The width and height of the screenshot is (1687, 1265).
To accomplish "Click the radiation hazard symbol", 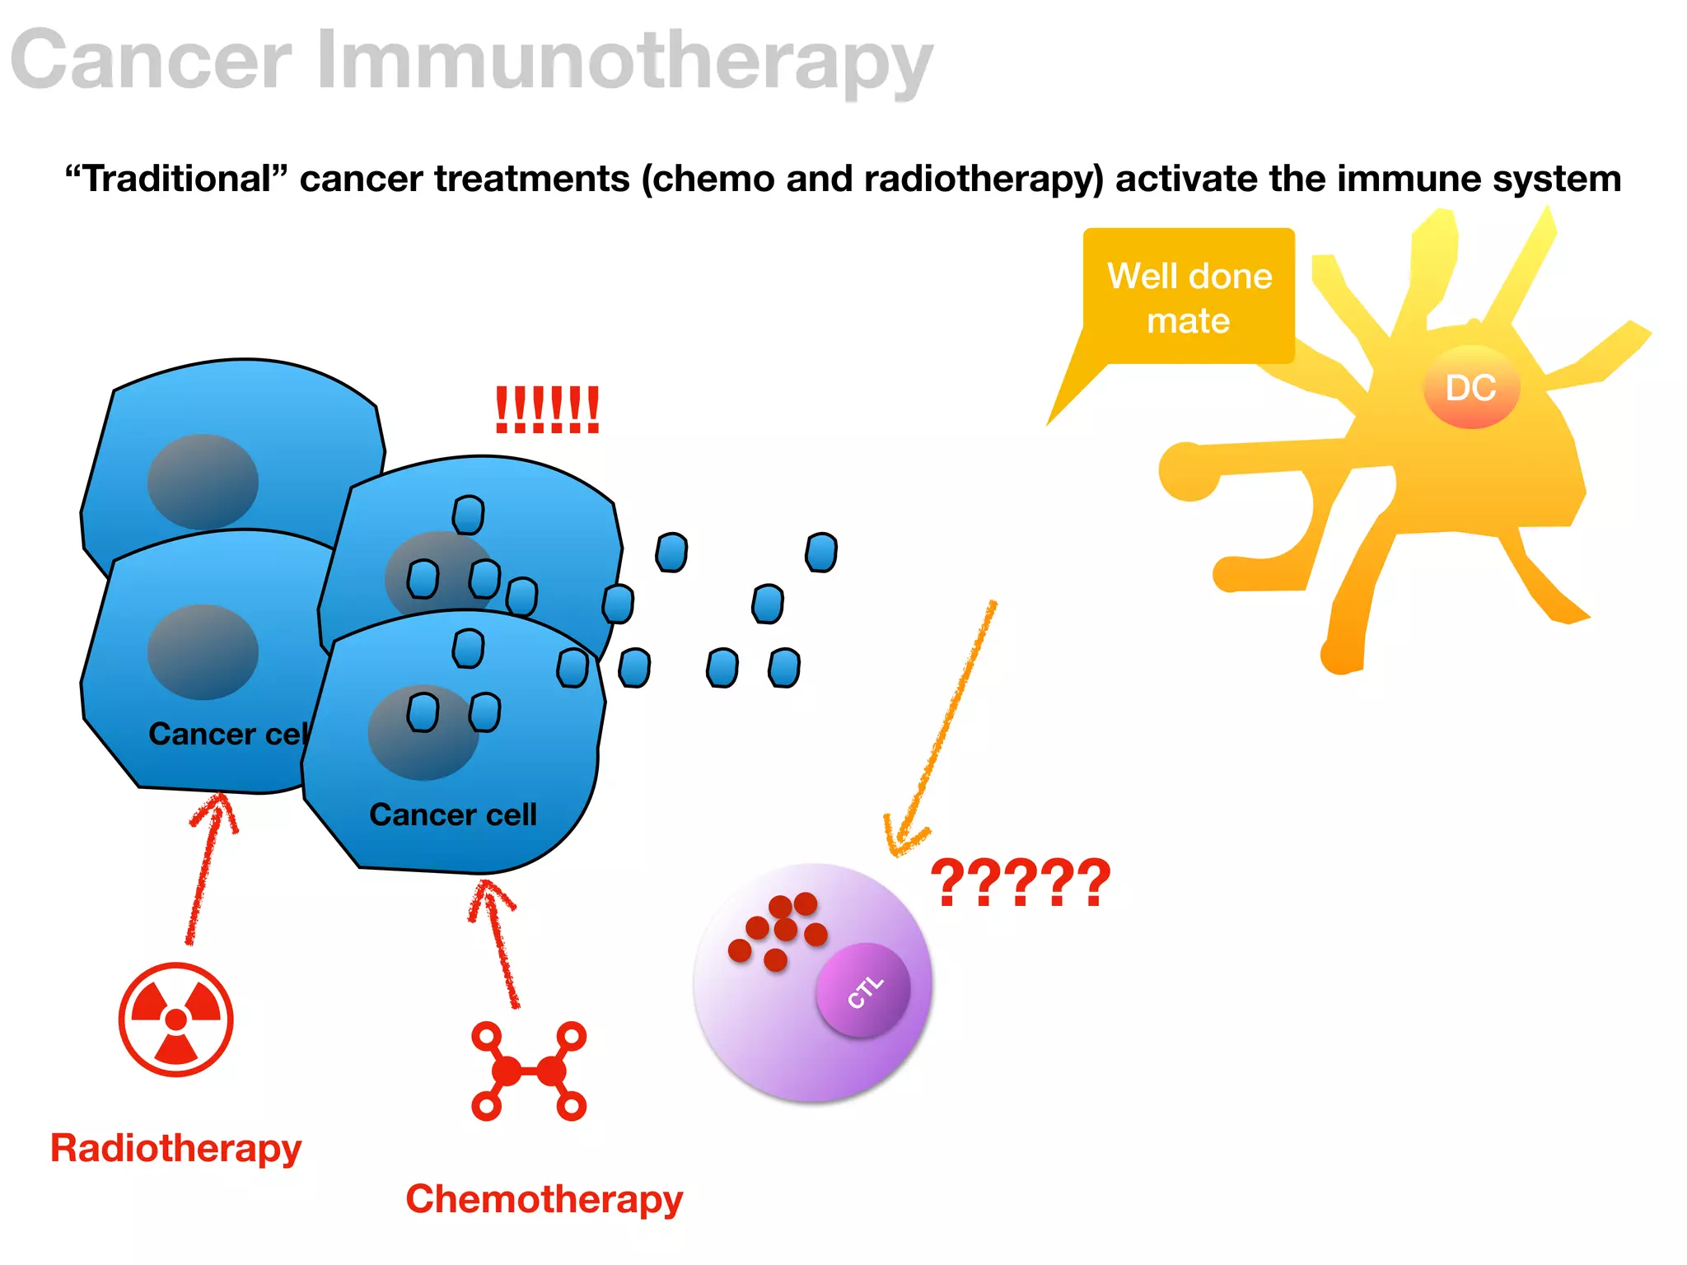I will (175, 1020).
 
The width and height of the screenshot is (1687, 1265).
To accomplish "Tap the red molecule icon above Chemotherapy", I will (529, 1071).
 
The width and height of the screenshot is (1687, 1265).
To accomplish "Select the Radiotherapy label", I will (175, 1147).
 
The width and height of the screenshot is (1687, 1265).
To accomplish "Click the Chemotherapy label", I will (544, 1198).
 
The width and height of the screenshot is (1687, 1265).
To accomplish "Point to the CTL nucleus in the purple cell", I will (863, 991).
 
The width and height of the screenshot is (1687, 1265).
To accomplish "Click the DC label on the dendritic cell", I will (1470, 388).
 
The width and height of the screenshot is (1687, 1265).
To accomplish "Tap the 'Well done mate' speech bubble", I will (1189, 297).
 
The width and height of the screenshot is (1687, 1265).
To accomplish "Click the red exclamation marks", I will (547, 410).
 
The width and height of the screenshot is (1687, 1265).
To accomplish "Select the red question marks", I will (1020, 883).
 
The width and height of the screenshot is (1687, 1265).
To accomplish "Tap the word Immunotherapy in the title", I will (624, 61).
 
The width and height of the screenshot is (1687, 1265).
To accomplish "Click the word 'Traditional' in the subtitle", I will (177, 179).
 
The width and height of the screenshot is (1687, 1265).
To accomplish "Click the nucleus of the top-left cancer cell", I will (203, 482).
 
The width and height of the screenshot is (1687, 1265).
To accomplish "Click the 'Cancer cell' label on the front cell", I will (453, 815).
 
